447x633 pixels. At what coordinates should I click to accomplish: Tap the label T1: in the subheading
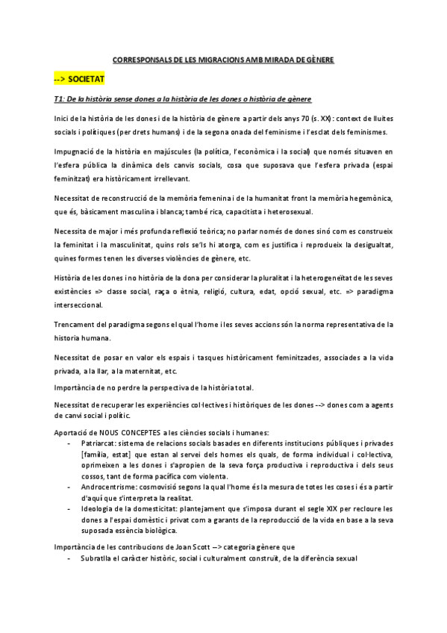coord(60,99)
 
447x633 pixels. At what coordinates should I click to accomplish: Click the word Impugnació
coord(75,150)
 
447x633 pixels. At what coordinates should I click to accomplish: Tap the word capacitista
coord(246,211)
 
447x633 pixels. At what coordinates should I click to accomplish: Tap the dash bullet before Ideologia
coord(69,508)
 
